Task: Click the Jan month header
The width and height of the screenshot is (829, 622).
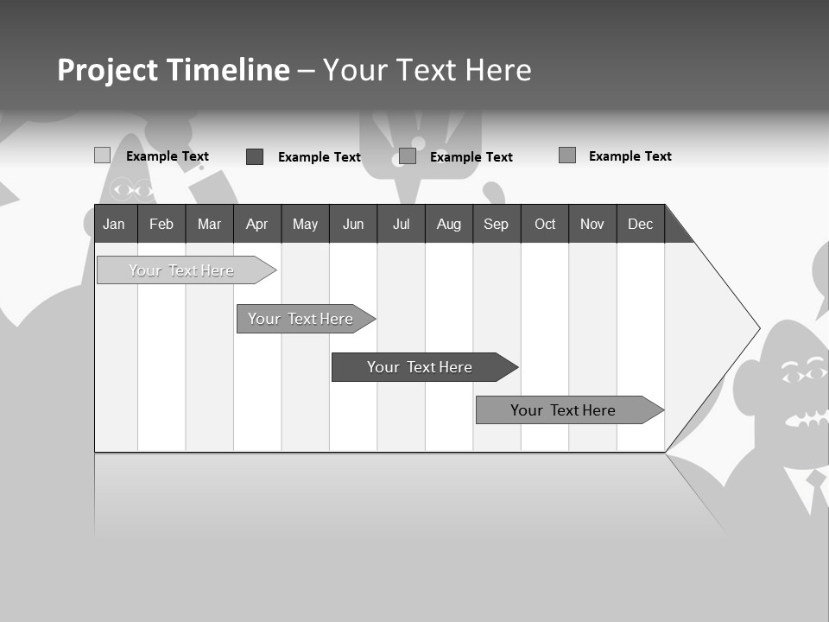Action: pyautogui.click(x=115, y=224)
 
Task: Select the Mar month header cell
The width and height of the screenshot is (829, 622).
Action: pyautogui.click(x=209, y=224)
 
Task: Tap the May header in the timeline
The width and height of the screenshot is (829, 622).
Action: pyautogui.click(x=305, y=224)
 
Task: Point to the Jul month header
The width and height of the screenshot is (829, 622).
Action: pyautogui.click(x=401, y=224)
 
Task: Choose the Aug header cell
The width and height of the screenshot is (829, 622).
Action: pyautogui.click(x=449, y=224)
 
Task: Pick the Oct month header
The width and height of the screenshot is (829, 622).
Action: pyautogui.click(x=545, y=224)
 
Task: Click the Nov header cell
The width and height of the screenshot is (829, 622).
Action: pyautogui.click(x=592, y=224)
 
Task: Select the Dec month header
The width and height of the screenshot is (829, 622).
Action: pyautogui.click(x=641, y=224)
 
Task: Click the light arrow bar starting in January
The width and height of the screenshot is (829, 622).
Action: pyautogui.click(x=181, y=270)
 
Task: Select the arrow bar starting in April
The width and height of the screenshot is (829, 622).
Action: pyautogui.click(x=301, y=319)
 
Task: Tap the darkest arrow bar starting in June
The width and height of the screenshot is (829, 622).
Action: pyautogui.click(x=420, y=367)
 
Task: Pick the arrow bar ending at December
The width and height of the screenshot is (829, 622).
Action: pyautogui.click(x=563, y=410)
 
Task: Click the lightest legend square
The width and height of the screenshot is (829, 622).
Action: pyautogui.click(x=102, y=155)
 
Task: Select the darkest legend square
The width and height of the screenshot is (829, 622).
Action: pyautogui.click(x=255, y=156)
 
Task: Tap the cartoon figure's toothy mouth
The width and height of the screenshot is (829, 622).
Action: pyautogui.click(x=807, y=419)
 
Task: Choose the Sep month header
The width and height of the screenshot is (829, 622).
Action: pyautogui.click(x=497, y=224)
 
